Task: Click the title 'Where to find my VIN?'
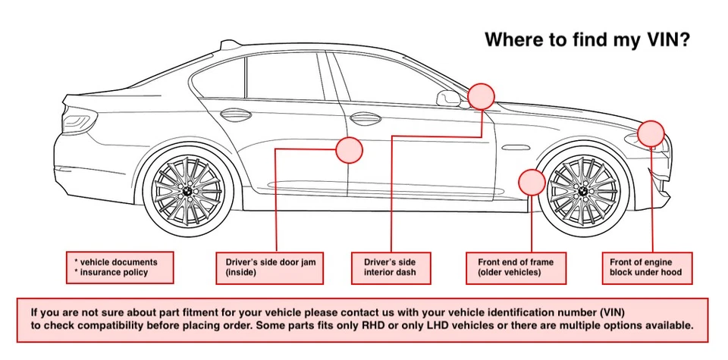click(x=586, y=39)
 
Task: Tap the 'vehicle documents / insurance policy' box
click(x=120, y=268)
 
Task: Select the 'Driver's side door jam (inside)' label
click(x=270, y=268)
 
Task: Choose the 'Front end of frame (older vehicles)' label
click(x=516, y=268)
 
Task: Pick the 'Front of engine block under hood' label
click(x=646, y=268)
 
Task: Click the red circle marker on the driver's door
click(x=349, y=150)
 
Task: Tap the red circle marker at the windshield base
click(x=481, y=95)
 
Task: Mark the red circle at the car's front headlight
click(x=650, y=133)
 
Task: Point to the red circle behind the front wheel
click(x=532, y=183)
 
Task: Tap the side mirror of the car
click(x=450, y=97)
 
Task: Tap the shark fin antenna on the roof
click(x=225, y=45)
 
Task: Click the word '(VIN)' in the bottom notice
click(x=617, y=311)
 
